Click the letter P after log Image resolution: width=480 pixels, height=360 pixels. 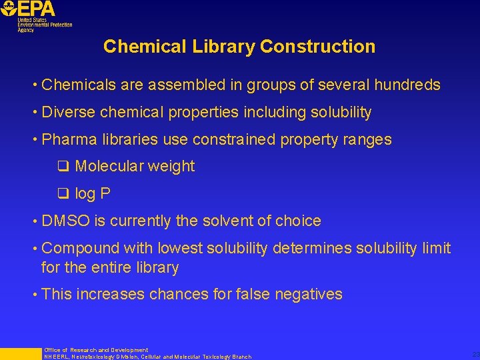click(105, 194)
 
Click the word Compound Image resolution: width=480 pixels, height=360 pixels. click(79, 249)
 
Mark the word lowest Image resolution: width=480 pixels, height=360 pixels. click(181, 249)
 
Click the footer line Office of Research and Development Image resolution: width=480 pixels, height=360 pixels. click(96, 350)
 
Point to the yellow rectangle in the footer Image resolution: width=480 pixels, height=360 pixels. click(20, 353)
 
